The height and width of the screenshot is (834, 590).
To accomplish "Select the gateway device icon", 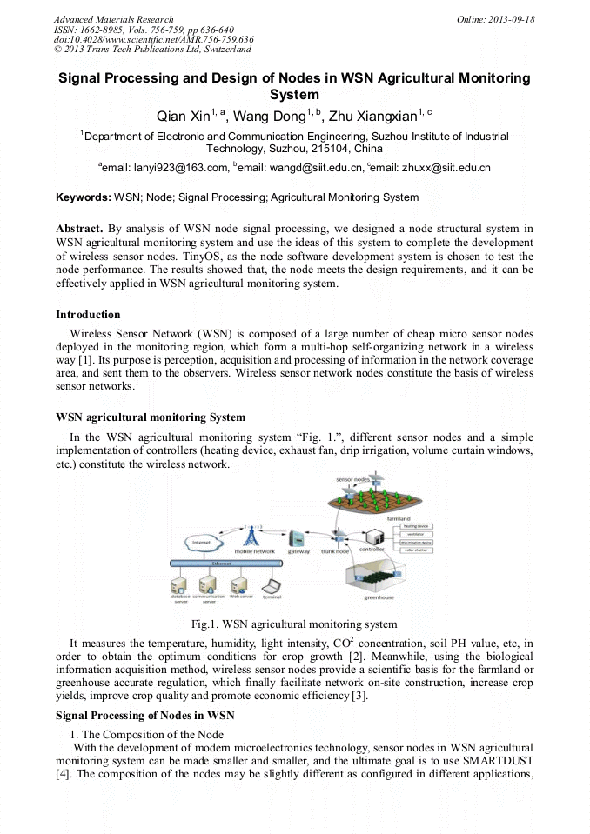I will [x=298, y=538].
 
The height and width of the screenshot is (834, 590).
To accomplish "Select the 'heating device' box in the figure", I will [x=417, y=525].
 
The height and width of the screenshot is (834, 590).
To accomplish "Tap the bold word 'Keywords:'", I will [x=84, y=197].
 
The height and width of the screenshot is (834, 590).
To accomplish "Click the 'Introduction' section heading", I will [x=88, y=314].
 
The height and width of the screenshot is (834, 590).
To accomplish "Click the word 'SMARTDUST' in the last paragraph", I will [x=502, y=764].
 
